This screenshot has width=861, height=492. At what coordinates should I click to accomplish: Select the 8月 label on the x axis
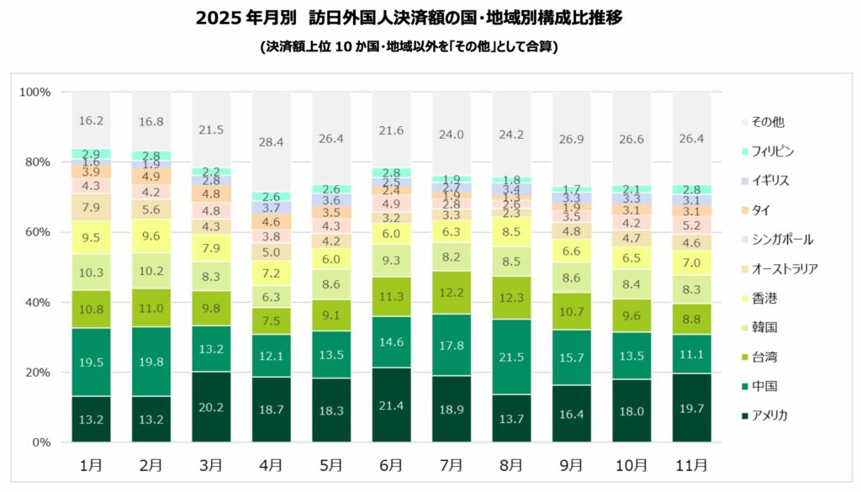(x=511, y=464)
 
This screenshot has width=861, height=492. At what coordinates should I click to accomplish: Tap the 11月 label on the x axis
(x=691, y=464)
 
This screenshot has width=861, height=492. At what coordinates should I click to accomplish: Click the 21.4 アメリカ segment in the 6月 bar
(x=391, y=405)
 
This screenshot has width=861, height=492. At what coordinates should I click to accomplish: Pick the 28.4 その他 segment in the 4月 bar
(x=271, y=141)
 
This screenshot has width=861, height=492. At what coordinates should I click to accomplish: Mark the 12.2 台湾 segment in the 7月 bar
(x=452, y=293)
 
